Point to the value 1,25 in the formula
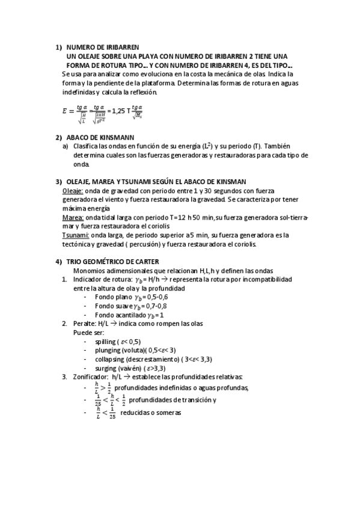click(119, 111)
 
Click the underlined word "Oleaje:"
click(73, 190)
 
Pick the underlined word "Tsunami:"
click(76, 235)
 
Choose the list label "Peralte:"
click(84, 324)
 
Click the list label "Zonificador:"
click(90, 376)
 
